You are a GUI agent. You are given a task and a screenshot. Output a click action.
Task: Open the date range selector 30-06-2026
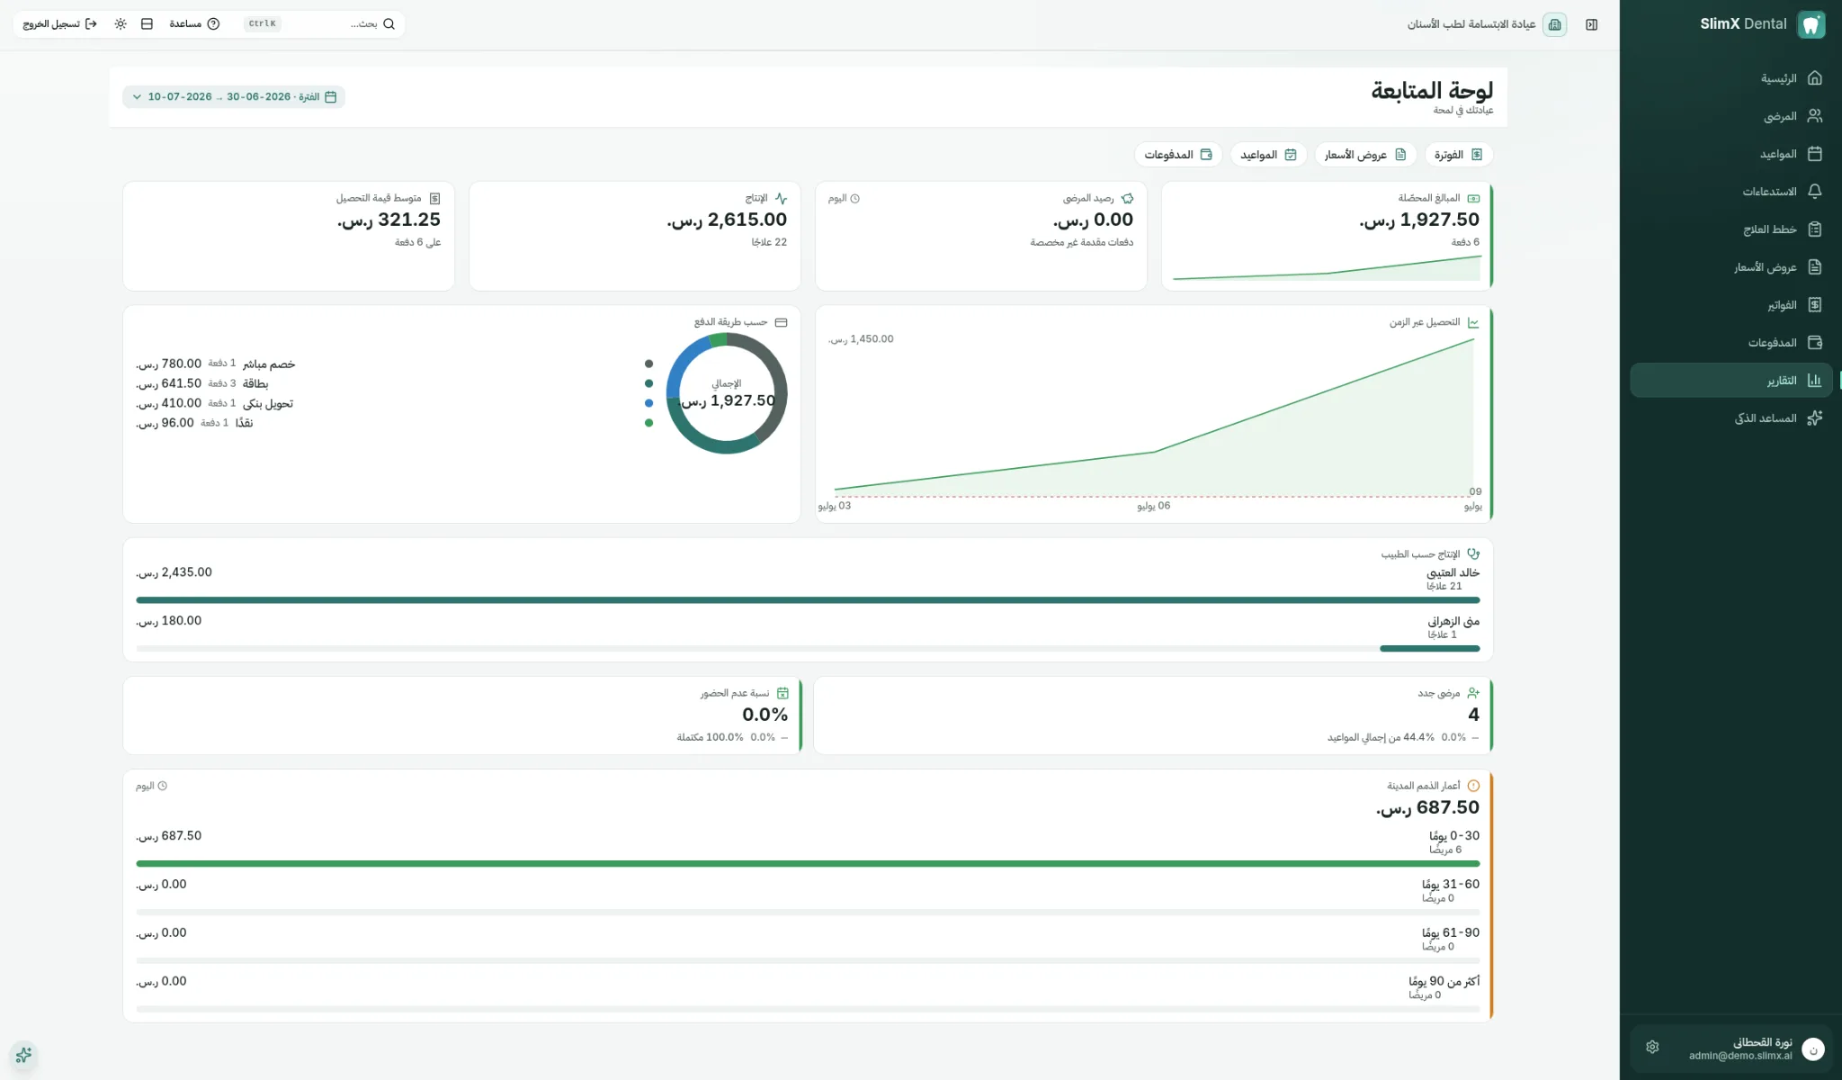click(234, 97)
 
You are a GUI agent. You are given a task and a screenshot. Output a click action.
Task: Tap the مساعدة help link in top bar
click(194, 24)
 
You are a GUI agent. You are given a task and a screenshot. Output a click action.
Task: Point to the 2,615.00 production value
click(727, 220)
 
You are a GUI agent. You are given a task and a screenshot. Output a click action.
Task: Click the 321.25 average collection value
click(389, 220)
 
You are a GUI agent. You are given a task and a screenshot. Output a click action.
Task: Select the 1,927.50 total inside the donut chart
click(728, 400)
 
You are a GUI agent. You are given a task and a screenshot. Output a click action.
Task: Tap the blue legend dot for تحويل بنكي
click(648, 403)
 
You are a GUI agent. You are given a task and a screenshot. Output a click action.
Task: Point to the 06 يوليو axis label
click(1154, 506)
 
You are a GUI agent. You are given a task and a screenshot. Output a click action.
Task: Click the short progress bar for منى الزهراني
click(1430, 648)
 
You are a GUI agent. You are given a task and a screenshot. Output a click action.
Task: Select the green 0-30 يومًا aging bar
click(808, 863)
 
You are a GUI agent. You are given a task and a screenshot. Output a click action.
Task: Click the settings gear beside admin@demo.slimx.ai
click(1652, 1047)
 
